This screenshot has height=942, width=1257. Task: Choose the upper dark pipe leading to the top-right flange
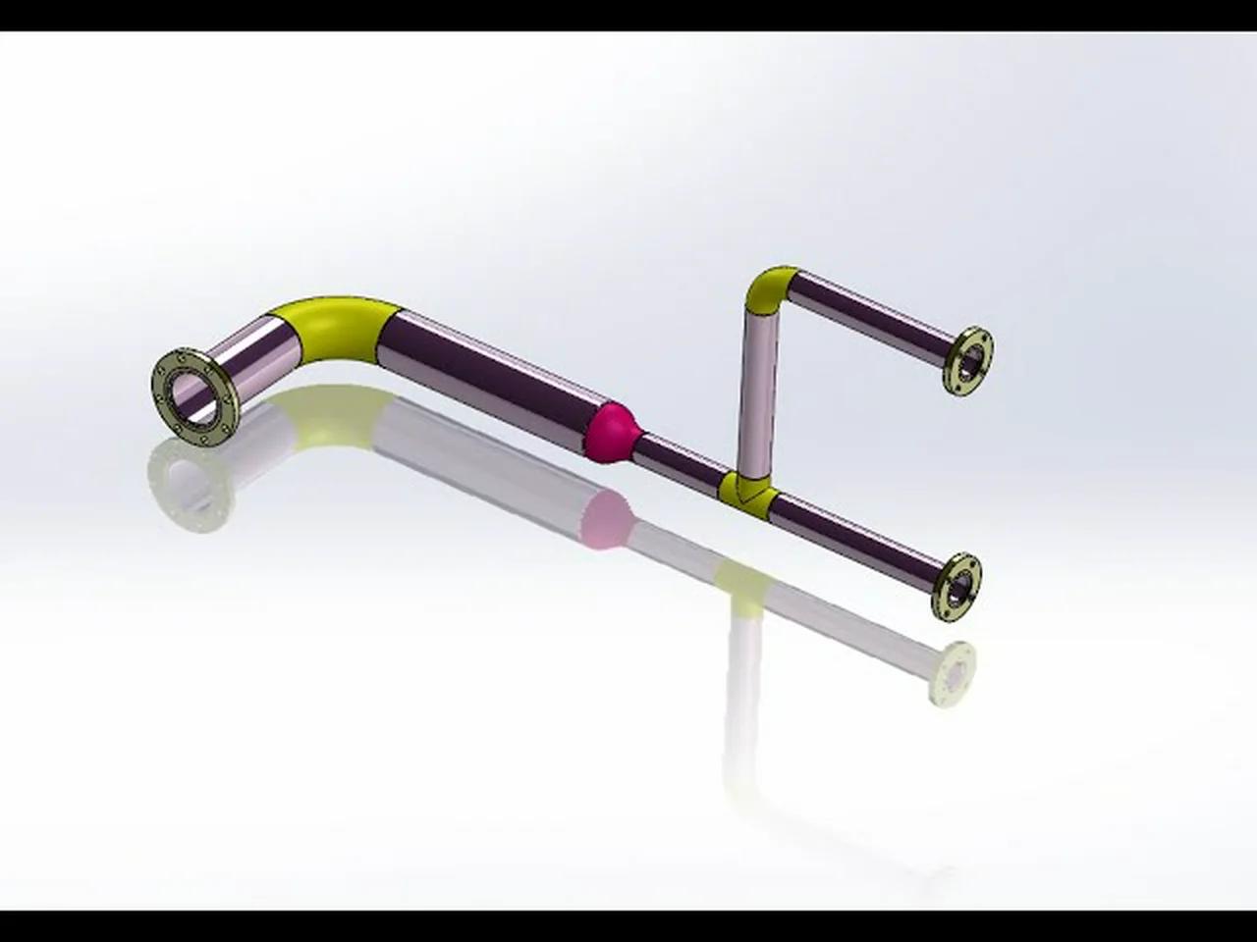click(x=874, y=315)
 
